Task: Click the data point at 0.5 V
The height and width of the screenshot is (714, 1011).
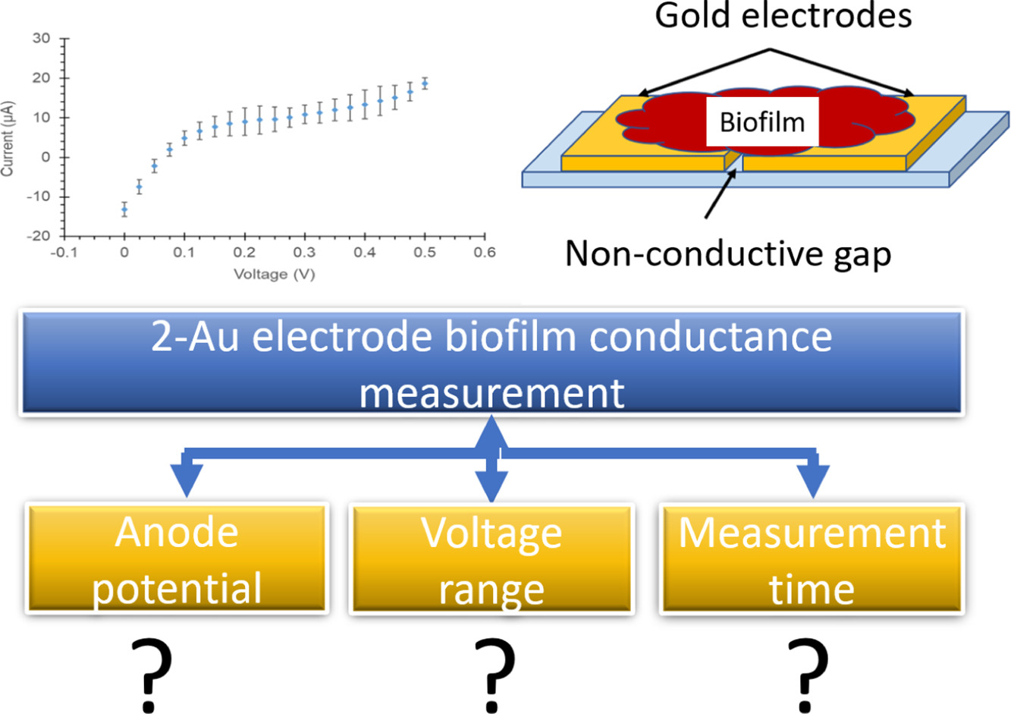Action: (x=425, y=83)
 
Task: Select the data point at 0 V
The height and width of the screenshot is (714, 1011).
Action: (x=124, y=209)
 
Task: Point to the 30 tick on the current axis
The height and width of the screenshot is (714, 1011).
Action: (x=65, y=39)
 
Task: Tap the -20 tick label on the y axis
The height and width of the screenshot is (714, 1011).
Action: (x=39, y=236)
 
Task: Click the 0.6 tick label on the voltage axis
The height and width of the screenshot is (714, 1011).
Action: (x=485, y=253)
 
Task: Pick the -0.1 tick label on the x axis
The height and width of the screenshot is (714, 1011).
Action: (x=64, y=253)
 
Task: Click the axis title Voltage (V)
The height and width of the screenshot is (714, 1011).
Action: (x=274, y=274)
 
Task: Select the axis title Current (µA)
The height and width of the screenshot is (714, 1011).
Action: (x=8, y=138)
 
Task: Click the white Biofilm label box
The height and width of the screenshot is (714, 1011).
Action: (x=762, y=122)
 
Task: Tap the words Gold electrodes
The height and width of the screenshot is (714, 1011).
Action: (x=783, y=16)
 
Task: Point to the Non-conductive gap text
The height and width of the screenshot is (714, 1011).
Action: (x=728, y=254)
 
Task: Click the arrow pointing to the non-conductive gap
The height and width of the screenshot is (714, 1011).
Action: (x=721, y=193)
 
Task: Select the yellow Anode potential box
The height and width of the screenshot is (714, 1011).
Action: (x=177, y=558)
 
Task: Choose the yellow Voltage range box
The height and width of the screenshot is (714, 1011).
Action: (x=491, y=558)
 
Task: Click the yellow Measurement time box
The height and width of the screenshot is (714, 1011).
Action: (x=812, y=558)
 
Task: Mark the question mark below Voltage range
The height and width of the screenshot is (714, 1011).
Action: (x=495, y=675)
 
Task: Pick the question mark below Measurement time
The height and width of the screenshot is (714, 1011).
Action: (x=808, y=675)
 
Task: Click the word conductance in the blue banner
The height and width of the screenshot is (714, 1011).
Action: (x=711, y=337)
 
